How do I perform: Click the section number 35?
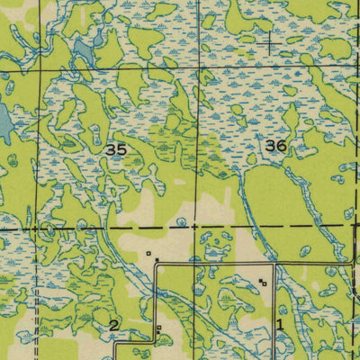(115, 150)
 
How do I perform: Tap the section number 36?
(276, 144)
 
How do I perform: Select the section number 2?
(114, 324)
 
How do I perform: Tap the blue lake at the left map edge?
(4, 123)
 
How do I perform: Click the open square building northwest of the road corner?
(148, 254)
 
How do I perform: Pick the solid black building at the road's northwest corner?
(157, 261)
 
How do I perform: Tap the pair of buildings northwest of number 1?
(262, 283)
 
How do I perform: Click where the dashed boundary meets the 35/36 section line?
(197, 226)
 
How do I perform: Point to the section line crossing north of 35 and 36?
(197, 65)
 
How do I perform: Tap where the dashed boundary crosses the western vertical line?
(38, 228)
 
